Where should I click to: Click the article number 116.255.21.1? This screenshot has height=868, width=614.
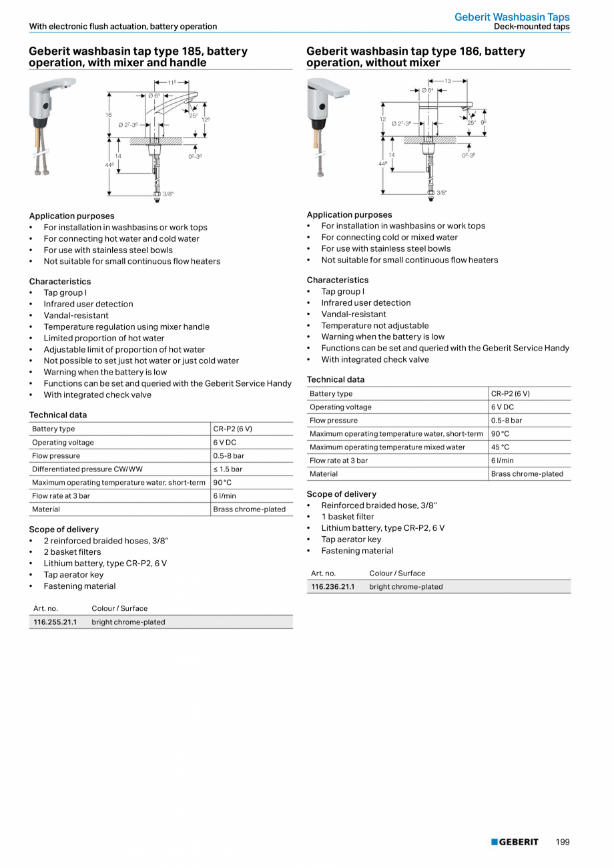pos(55,622)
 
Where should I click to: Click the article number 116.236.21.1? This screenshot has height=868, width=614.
pos(332,586)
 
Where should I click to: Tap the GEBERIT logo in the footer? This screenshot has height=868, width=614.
pos(515,842)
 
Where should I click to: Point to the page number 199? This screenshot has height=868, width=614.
pos(563,842)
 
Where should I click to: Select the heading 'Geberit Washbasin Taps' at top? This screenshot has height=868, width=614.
pos(512,17)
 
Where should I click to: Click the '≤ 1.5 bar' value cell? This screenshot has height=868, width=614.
pos(228,469)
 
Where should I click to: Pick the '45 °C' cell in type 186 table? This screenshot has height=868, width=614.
pos(500,447)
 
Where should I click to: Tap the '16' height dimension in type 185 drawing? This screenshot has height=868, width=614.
pos(108,115)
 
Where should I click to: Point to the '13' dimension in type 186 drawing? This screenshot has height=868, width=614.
pos(447,81)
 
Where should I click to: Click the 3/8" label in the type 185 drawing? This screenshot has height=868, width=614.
pos(168,194)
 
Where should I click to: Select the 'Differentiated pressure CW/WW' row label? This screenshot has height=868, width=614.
pos(87,469)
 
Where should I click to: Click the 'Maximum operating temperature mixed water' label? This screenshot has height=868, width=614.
pos(387,447)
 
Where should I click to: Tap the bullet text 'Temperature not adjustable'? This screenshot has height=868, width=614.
pos(374,325)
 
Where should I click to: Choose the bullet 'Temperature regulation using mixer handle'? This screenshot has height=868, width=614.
pos(126,327)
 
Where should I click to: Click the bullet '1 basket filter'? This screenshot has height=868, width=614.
pos(347,516)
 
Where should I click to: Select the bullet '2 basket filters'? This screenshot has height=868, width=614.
pos(72,552)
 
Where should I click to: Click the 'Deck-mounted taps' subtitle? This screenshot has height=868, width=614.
pos(531,27)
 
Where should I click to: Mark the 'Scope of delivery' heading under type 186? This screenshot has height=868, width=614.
pos(341,494)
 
